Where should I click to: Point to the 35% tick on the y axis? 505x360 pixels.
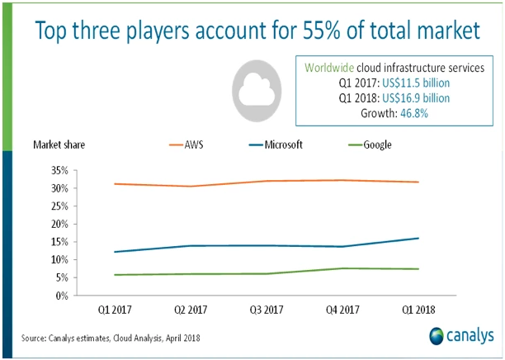pyautogui.click(x=57, y=170)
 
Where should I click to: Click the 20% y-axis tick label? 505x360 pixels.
pyautogui.click(x=57, y=224)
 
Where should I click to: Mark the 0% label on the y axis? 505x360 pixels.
pyautogui.click(x=60, y=295)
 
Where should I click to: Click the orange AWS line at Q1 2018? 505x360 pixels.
pyautogui.click(x=419, y=182)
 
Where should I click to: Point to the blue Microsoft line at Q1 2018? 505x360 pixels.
pyautogui.click(x=419, y=238)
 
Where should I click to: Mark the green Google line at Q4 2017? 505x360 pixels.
pyautogui.click(x=342, y=268)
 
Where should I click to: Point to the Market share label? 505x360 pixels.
pyautogui.click(x=59, y=144)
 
